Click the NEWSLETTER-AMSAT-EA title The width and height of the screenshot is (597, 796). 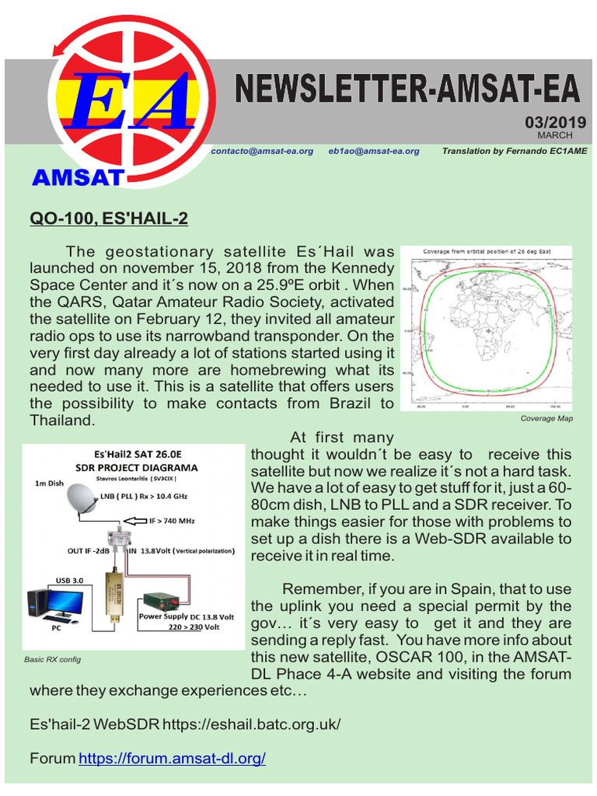pyautogui.click(x=408, y=89)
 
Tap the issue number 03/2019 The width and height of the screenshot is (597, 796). pyautogui.click(x=555, y=123)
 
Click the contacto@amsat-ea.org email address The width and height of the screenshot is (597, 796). pyautogui.click(x=262, y=151)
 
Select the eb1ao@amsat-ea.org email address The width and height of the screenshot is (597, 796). pyautogui.click(x=374, y=151)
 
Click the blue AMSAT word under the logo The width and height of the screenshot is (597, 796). pyautogui.click(x=77, y=177)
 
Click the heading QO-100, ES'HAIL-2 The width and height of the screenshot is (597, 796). pyautogui.click(x=109, y=219)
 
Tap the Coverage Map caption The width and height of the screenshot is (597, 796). pyautogui.click(x=546, y=418)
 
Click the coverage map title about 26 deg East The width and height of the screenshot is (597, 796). pyautogui.click(x=486, y=252)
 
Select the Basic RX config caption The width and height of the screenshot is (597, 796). pyautogui.click(x=53, y=659)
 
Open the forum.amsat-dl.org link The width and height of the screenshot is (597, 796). pyautogui.click(x=172, y=758)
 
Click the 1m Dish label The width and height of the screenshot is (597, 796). pyautogui.click(x=50, y=484)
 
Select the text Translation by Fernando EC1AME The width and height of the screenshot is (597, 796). pyautogui.click(x=515, y=151)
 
